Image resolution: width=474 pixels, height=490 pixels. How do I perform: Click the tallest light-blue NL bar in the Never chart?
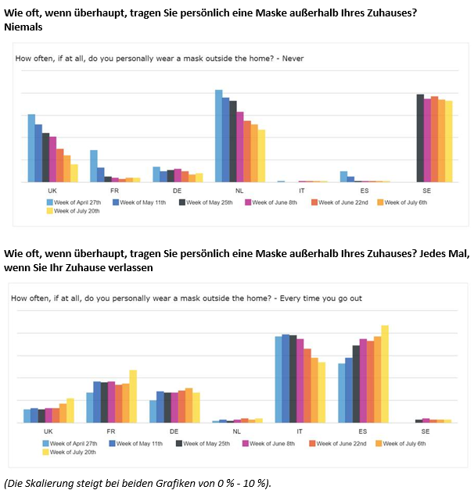tap(219, 136)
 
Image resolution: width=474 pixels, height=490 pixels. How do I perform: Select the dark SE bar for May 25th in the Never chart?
tap(420, 138)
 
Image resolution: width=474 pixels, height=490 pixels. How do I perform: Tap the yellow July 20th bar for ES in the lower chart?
tap(385, 374)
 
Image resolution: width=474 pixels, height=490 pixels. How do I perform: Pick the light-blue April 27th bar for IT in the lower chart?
tap(279, 380)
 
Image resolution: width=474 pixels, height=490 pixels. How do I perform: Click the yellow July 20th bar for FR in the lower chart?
tap(133, 396)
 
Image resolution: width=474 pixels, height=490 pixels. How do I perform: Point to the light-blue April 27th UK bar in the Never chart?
tap(31, 148)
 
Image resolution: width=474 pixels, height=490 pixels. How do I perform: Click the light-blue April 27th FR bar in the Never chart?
tap(94, 166)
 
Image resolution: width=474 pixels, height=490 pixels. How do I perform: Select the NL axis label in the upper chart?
tap(239, 190)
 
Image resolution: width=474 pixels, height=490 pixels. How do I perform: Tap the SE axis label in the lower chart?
tap(426, 431)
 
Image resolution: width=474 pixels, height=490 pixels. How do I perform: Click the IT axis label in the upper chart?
tap(301, 190)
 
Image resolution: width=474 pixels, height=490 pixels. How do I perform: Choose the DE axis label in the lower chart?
tap(174, 431)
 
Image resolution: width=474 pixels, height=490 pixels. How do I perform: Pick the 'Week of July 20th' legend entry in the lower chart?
tap(70, 452)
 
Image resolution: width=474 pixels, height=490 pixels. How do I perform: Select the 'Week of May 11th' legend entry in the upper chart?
tap(142, 202)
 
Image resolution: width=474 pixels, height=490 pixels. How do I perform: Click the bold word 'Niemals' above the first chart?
tap(23, 27)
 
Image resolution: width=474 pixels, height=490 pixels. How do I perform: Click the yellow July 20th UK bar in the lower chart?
tap(70, 410)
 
